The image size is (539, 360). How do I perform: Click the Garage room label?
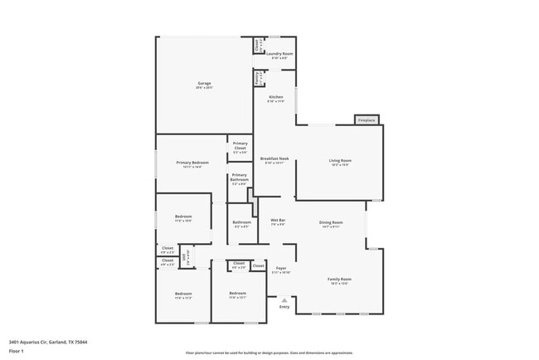(x=204, y=84)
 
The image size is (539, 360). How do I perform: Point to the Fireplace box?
(x=367, y=120)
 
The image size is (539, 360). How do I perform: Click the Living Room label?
(x=340, y=161)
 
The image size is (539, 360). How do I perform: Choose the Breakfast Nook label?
(x=274, y=158)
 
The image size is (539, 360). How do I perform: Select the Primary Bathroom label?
(x=239, y=176)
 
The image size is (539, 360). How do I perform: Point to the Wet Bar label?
(x=278, y=221)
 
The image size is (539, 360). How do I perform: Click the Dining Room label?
(x=331, y=222)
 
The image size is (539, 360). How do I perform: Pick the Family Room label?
(x=340, y=280)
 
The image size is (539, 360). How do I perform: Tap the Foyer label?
(x=281, y=269)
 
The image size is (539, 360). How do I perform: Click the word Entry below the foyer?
(x=284, y=307)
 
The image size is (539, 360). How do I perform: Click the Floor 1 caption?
(x=17, y=352)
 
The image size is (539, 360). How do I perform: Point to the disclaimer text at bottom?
(x=269, y=353)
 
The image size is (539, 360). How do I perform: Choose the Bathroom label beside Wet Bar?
(x=241, y=222)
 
